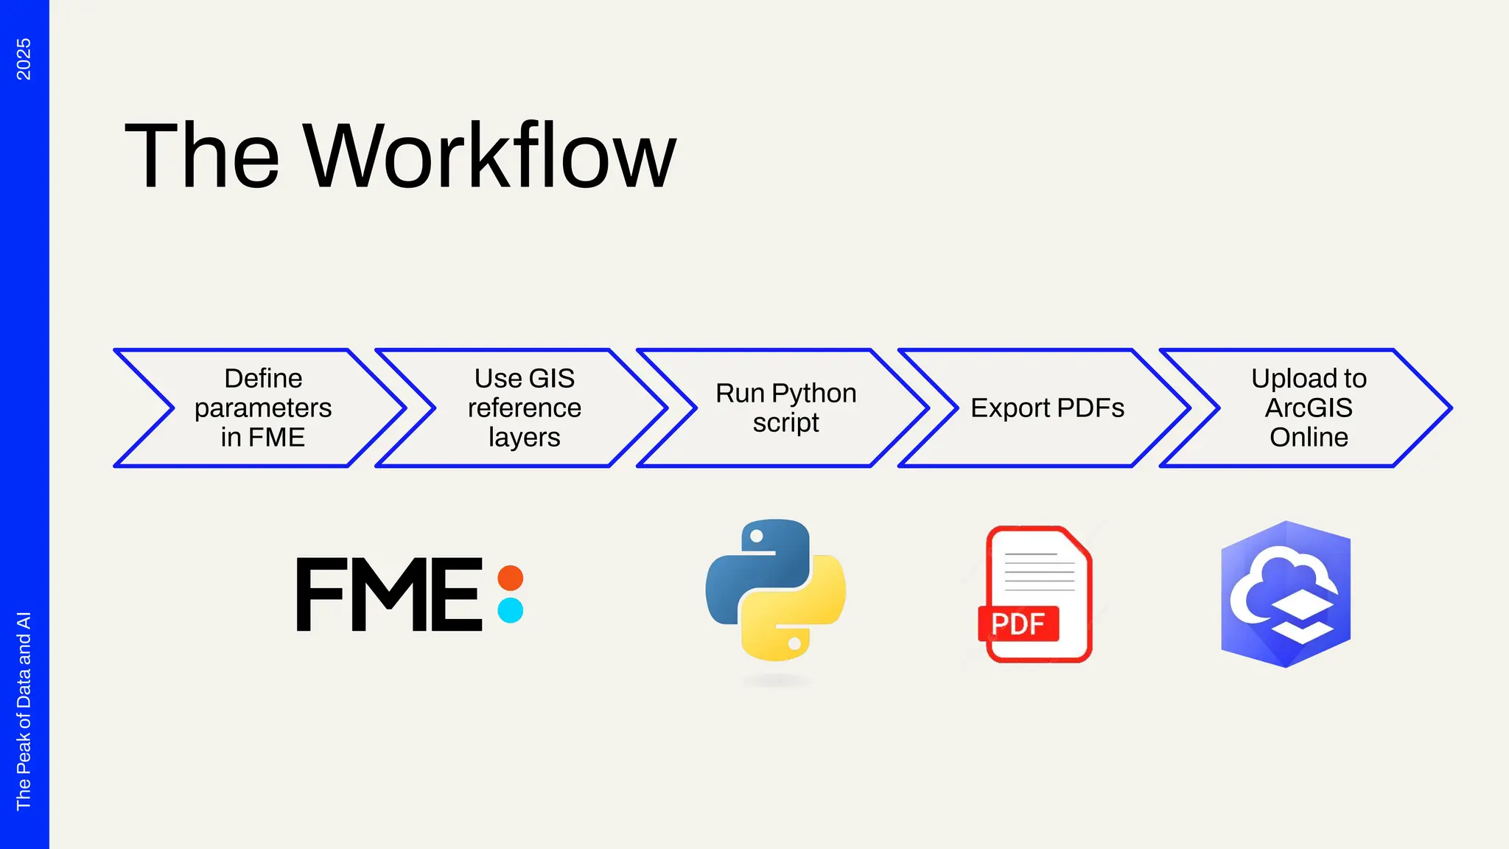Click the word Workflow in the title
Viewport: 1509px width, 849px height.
point(489,156)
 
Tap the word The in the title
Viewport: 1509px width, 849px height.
point(202,156)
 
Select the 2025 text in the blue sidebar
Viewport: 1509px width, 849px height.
point(24,59)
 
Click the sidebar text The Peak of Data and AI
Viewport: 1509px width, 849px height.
point(24,710)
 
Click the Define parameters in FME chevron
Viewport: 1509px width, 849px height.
point(263,408)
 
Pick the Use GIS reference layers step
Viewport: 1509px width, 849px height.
point(524,408)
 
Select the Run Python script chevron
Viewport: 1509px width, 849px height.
point(785,408)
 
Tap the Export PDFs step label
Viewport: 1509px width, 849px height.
point(1047,408)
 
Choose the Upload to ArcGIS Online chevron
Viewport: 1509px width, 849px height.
point(1309,408)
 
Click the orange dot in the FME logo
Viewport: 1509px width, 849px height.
point(510,578)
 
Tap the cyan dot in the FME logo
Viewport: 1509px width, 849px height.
point(510,610)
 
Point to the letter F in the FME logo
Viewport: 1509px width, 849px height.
point(321,594)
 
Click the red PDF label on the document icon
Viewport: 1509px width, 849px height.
point(1018,623)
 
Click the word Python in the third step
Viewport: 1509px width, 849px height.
point(813,393)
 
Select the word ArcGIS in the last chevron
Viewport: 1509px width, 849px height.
point(1309,408)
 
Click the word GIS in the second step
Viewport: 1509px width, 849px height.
point(551,378)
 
